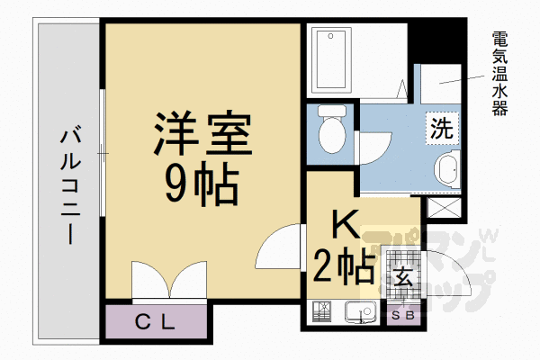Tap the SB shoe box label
tap(402, 315)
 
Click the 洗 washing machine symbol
tap(440, 128)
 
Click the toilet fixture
tap(332, 130)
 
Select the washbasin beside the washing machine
tap(446, 169)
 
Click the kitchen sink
tap(361, 313)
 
